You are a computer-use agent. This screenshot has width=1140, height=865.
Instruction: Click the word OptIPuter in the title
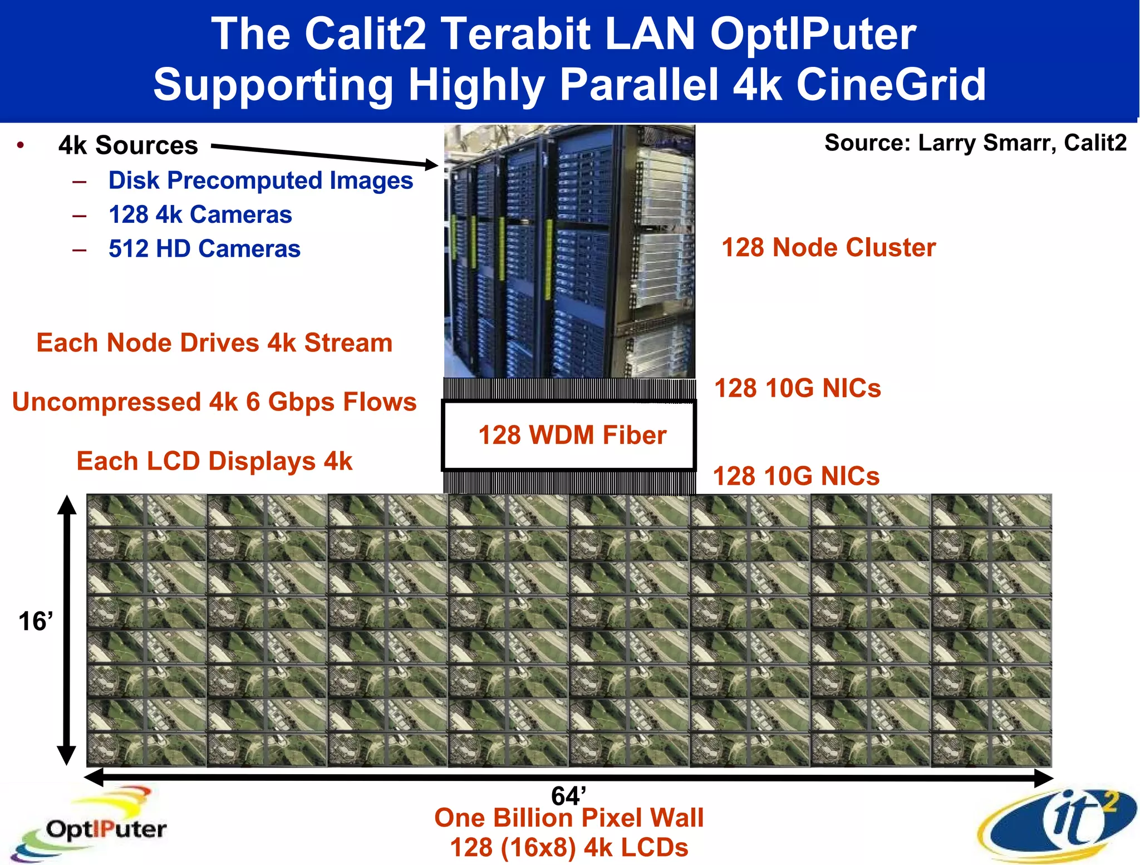(x=812, y=35)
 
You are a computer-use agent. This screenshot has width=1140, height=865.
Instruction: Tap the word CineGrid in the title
(x=891, y=85)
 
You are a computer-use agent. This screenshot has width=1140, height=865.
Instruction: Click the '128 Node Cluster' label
(x=828, y=247)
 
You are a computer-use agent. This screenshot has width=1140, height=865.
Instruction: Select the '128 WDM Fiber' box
(x=569, y=436)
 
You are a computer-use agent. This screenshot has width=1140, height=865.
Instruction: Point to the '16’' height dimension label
(x=36, y=622)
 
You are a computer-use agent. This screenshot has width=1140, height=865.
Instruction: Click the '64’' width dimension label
(x=568, y=795)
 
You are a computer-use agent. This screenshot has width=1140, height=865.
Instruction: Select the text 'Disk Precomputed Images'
(x=261, y=180)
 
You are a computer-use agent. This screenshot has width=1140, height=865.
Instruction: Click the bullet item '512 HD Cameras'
(x=204, y=249)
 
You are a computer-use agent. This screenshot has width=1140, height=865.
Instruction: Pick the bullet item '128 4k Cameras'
(x=200, y=215)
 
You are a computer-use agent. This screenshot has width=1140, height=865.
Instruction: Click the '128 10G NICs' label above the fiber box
(x=797, y=388)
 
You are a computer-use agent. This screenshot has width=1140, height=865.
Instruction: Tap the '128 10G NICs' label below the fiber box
(x=796, y=476)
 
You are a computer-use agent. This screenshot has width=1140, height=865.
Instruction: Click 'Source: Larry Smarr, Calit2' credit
(x=975, y=143)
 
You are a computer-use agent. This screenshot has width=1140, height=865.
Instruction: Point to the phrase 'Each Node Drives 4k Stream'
(x=214, y=343)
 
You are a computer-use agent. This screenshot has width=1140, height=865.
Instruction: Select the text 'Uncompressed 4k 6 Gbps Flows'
(x=214, y=402)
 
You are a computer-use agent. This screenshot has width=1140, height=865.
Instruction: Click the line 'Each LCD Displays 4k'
(x=214, y=461)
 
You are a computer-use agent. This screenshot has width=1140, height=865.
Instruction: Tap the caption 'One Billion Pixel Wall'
(x=569, y=818)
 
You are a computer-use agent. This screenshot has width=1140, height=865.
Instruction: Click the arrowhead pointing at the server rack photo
(x=432, y=164)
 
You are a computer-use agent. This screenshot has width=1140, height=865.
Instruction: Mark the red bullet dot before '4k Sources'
(x=21, y=145)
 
